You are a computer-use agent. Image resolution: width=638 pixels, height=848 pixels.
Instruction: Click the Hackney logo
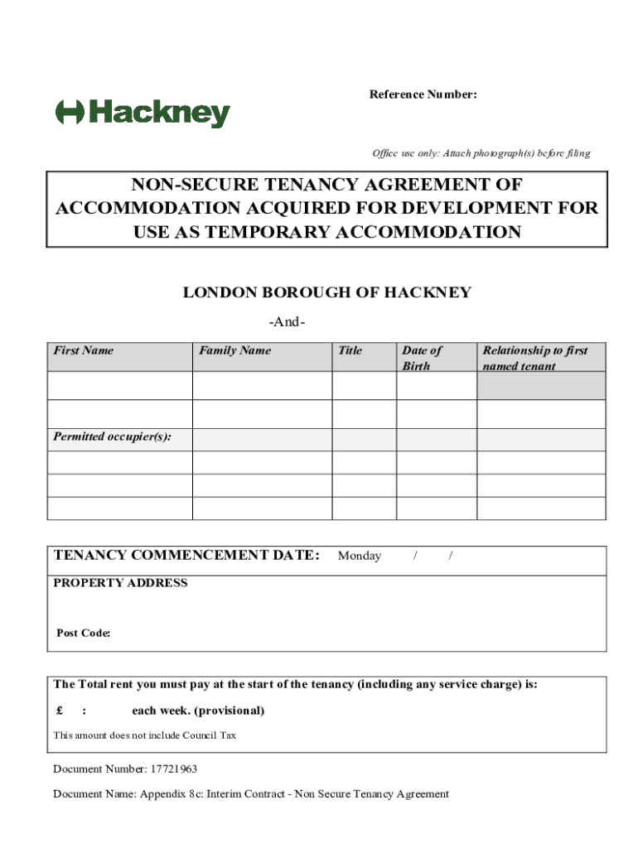[143, 113]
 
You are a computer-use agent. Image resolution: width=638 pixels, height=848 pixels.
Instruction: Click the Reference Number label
[423, 94]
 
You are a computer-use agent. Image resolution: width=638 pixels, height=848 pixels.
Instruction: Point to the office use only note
[481, 153]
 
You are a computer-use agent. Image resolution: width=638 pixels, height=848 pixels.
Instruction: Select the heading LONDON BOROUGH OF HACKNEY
[326, 292]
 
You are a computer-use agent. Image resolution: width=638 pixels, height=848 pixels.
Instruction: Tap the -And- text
[288, 322]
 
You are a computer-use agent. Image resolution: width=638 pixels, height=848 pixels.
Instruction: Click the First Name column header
[84, 350]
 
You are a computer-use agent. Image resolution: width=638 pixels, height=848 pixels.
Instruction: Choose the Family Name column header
[234, 350]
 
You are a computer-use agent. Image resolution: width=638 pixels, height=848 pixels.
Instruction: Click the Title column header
[350, 350]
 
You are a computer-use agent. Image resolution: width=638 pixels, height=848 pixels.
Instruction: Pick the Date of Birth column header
[422, 358]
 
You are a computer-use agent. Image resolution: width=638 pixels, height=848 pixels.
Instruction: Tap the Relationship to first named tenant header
[534, 358]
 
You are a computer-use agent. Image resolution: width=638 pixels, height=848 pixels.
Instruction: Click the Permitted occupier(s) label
[113, 436]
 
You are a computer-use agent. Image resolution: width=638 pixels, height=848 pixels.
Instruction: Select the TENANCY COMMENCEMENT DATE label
[186, 555]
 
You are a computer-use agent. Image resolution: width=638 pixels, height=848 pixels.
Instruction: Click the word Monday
[360, 556]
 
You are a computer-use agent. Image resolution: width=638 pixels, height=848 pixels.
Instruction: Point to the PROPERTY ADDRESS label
[120, 583]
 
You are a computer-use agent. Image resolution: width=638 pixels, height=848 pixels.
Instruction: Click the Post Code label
[84, 634]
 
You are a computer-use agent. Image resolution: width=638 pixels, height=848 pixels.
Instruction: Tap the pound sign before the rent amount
[60, 711]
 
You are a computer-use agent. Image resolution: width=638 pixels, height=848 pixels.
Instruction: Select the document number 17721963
[173, 769]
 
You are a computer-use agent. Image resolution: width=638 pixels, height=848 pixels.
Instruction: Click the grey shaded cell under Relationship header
[541, 386]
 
